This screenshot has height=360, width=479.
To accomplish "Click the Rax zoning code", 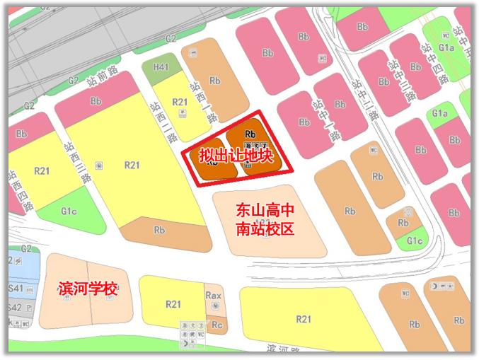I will pyautogui.click(x=213, y=296).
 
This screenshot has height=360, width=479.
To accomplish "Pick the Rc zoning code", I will pyautogui.click(x=217, y=325).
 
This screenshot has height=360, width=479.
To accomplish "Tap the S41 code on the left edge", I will pyautogui.click(x=16, y=289).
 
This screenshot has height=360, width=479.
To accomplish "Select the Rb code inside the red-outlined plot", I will pyautogui.click(x=249, y=134).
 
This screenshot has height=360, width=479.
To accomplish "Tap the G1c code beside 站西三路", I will pyautogui.click(x=69, y=211).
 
